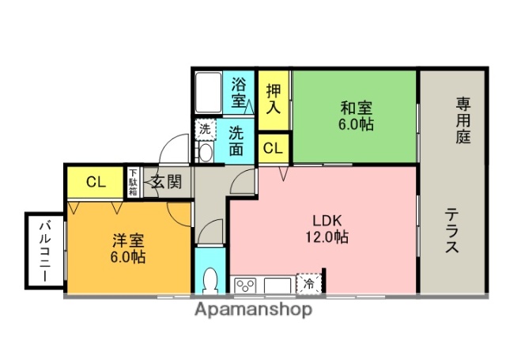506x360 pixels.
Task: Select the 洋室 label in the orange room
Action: (x=126, y=240)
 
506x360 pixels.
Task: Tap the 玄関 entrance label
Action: (x=167, y=181)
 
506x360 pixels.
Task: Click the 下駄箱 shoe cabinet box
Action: (x=133, y=182)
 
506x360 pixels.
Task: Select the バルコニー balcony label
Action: (x=44, y=253)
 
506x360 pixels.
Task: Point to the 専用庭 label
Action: (x=463, y=119)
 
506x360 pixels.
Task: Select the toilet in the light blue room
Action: (x=209, y=281)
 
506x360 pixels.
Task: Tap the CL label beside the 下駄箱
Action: (x=96, y=182)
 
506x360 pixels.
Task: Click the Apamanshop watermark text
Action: (x=253, y=309)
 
